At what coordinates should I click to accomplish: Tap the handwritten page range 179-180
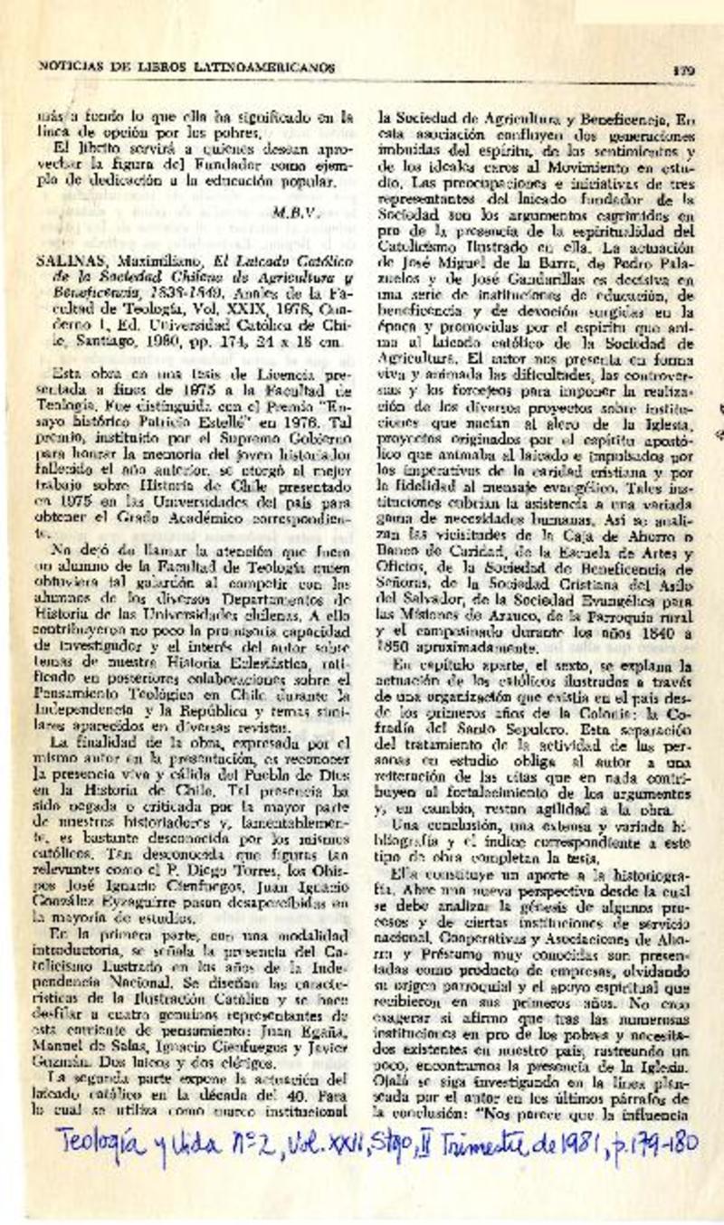coord(658,1143)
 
